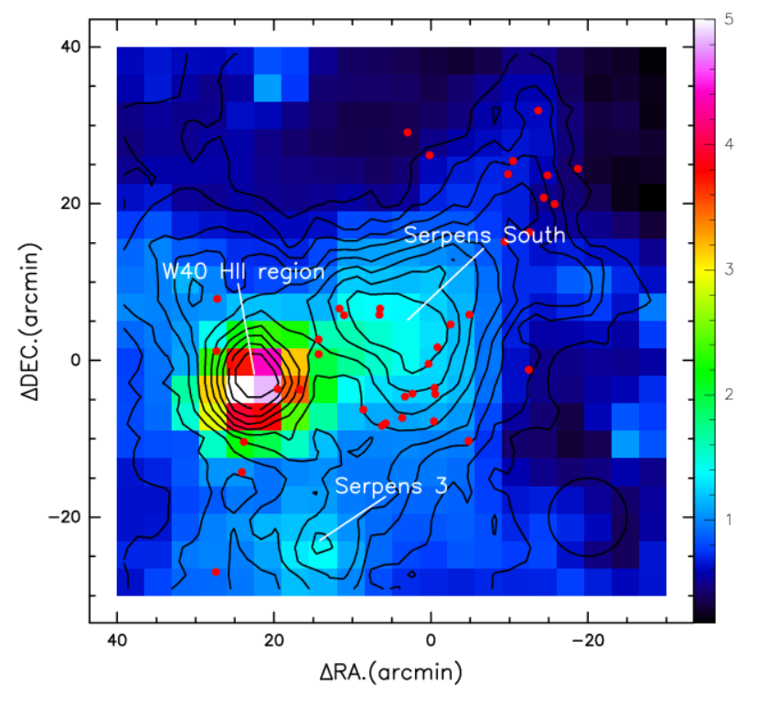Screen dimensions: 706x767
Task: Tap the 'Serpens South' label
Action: (485, 235)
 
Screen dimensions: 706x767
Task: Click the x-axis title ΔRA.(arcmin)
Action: (390, 675)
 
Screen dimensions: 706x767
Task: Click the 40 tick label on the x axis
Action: (117, 642)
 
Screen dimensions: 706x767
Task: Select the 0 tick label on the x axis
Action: (431, 642)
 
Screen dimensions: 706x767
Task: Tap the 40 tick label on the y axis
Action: (72, 47)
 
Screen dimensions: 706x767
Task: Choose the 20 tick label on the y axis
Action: (72, 204)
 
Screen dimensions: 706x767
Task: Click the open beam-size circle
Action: (587, 516)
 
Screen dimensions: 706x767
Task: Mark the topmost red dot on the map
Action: (538, 111)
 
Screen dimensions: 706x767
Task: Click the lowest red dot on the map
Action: (216, 572)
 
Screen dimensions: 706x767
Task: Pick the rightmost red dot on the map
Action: (578, 168)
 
